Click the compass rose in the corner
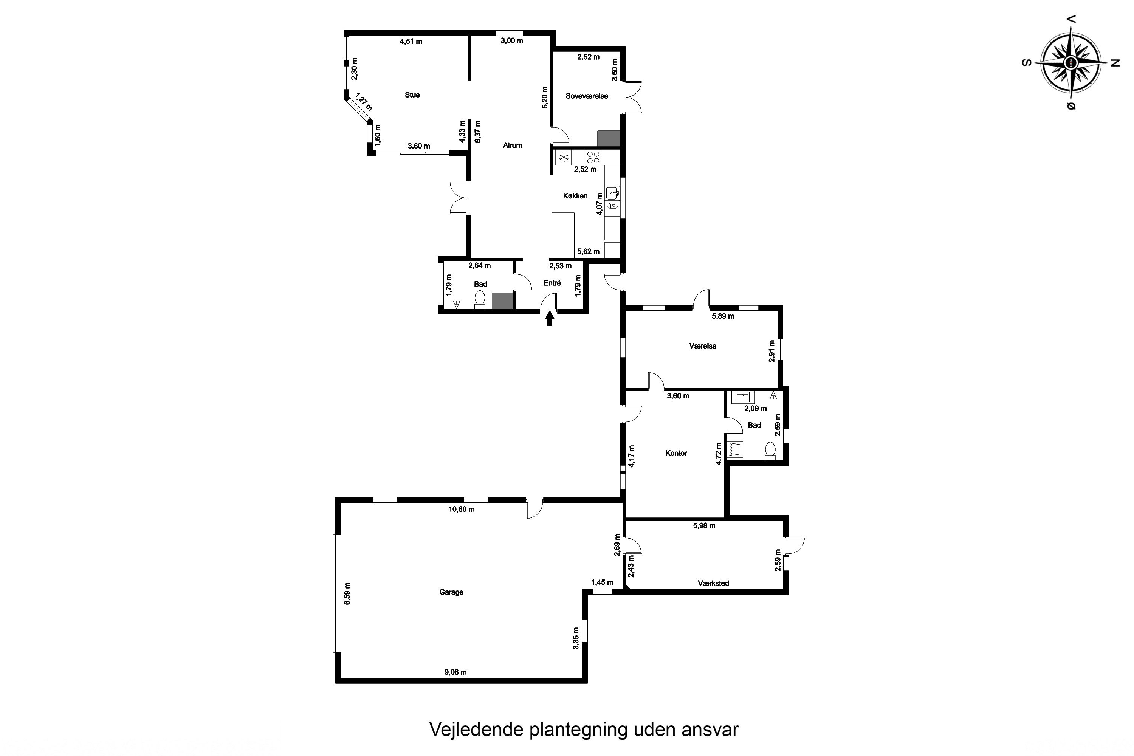coord(1070,63)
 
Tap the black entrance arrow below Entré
coord(550,319)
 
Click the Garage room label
coord(451,592)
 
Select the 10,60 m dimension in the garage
coord(462,509)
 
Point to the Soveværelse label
coord(587,96)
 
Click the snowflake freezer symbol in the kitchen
coord(564,157)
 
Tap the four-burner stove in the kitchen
coord(593,157)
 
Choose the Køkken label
coord(575,196)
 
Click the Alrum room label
coord(513,145)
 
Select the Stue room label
coord(412,95)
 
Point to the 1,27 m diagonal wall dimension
coord(364,102)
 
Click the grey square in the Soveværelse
coord(609,138)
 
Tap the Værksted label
coord(714,583)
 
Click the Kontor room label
coord(676,453)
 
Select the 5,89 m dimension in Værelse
coord(723,316)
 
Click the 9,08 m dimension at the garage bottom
coord(455,672)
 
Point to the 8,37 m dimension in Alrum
coord(478,132)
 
